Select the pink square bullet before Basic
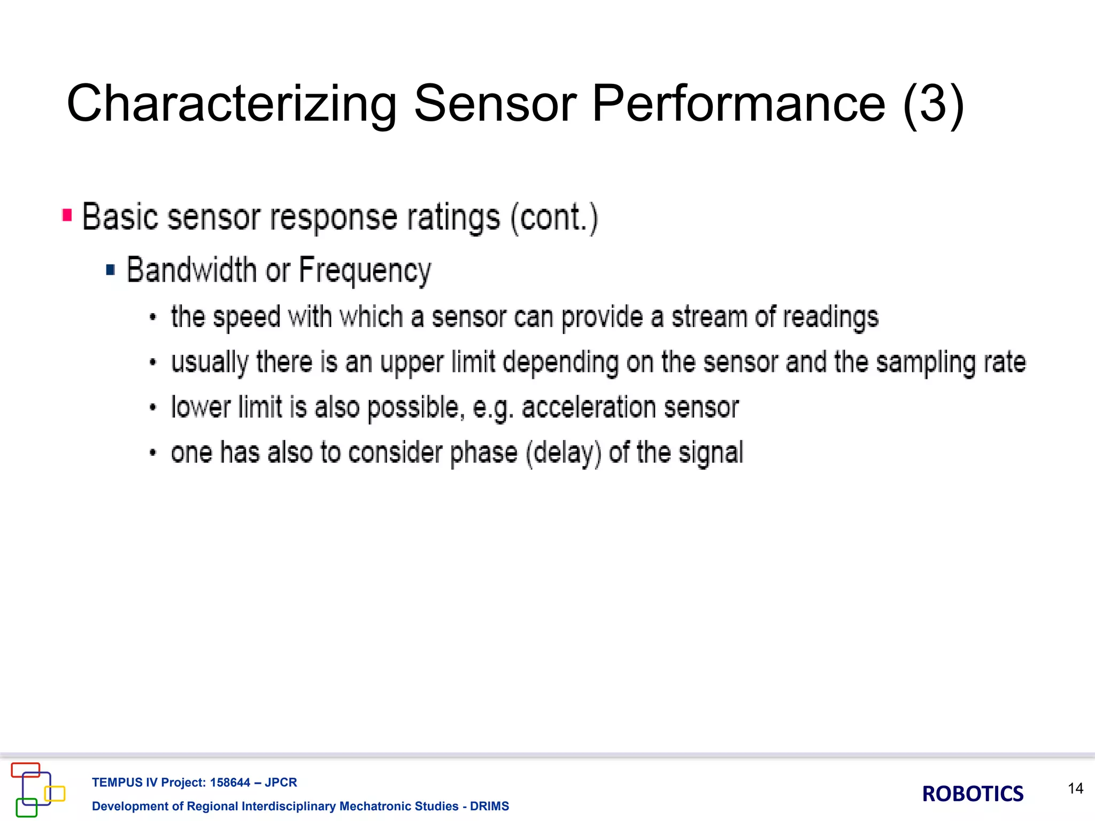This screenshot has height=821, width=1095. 67,215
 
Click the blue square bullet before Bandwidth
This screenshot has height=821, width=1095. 111,269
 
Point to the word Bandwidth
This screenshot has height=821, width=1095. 191,269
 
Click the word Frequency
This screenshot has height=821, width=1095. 365,270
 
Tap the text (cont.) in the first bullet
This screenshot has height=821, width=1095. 554,218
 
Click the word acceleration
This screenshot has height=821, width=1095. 588,408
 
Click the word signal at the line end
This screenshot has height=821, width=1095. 711,453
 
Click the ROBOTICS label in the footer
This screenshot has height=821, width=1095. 973,794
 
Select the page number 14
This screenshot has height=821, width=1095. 1075,788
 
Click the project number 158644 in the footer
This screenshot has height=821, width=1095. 230,783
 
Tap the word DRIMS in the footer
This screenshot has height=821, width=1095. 489,806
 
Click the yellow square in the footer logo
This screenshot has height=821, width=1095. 55,793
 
